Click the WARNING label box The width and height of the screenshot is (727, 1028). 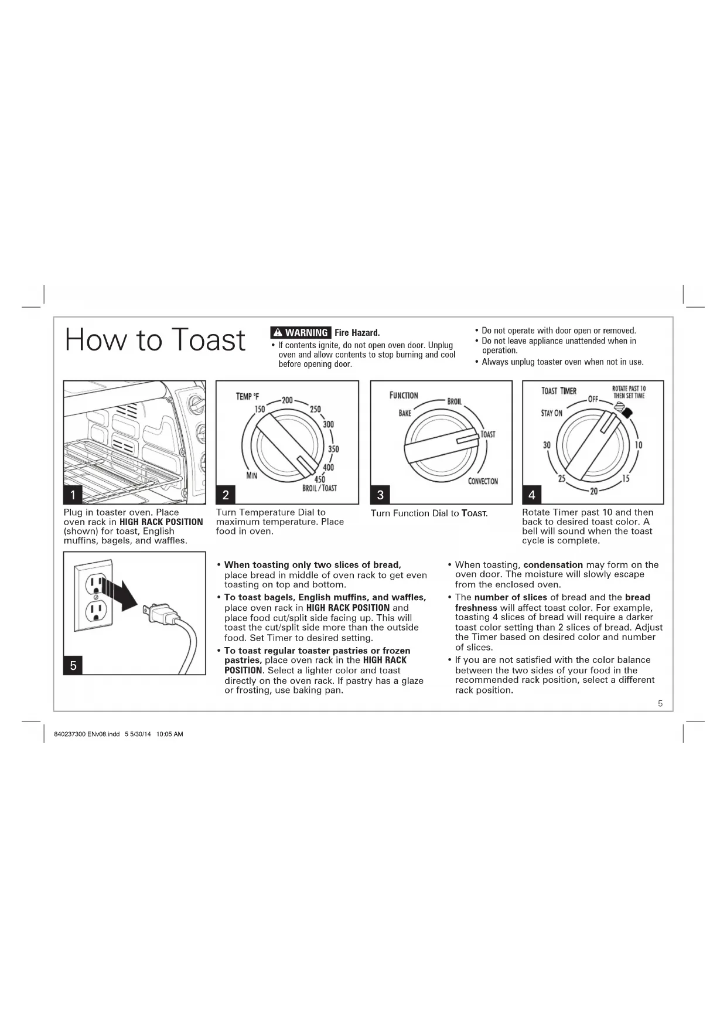[301, 332]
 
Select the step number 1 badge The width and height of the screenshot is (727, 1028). [73, 495]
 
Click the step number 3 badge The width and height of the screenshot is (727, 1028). [380, 495]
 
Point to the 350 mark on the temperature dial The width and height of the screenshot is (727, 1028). [333, 450]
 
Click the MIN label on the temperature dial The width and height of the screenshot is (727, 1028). [251, 475]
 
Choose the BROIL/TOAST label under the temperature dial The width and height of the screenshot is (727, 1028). [319, 488]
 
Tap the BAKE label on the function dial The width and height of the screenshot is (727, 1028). [405, 413]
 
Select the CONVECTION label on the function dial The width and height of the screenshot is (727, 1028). [483, 481]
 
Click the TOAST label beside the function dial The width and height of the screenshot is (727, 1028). [488, 434]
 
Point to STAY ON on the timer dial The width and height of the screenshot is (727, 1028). [551, 413]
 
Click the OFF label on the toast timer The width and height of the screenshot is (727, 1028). [593, 399]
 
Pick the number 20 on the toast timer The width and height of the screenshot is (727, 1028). [593, 491]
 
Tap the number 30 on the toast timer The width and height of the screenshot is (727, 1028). [547, 445]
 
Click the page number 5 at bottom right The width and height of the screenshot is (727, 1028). [660, 703]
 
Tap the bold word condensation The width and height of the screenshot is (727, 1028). [553, 565]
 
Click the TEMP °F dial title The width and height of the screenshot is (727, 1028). [247, 396]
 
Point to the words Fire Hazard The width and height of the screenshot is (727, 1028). [357, 333]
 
